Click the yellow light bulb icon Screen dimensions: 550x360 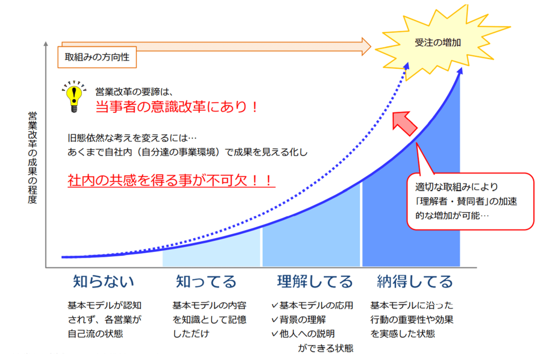click(74, 97)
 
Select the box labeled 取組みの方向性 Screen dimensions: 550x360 click(97, 57)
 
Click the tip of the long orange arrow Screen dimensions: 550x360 click(371, 46)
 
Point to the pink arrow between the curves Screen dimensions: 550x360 click(404, 123)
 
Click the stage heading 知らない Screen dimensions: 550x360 click(104, 282)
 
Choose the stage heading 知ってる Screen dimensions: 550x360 click(206, 282)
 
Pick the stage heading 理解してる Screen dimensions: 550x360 click(315, 282)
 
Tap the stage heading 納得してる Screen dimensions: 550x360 click(415, 282)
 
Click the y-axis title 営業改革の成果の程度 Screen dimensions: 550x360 click(32, 157)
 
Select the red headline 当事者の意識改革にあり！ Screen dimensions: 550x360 click(177, 107)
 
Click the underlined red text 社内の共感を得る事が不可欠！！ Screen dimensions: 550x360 click(171, 181)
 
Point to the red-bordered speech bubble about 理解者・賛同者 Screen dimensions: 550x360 click(470, 201)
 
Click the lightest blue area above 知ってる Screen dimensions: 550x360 click(212, 252)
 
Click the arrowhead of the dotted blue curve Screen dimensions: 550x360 click(407, 66)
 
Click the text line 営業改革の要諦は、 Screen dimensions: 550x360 click(134, 92)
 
